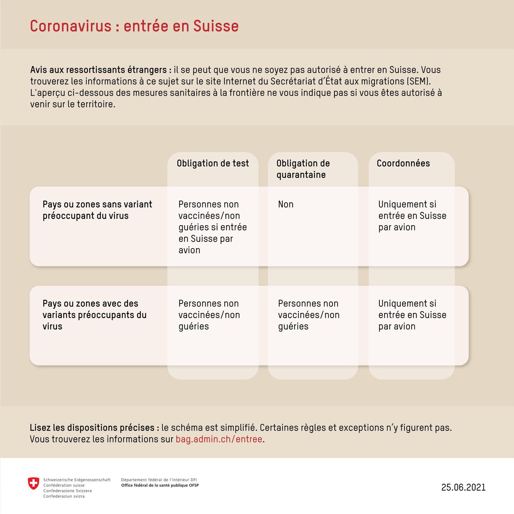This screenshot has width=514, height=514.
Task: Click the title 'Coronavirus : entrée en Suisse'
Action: [134, 26]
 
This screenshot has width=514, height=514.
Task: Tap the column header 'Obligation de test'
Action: [213, 163]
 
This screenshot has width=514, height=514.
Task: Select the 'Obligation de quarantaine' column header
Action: [303, 169]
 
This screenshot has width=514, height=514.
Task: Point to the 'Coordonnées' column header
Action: [403, 163]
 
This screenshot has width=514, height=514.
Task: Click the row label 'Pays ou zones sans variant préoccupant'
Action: [97, 210]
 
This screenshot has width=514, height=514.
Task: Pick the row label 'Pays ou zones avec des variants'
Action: [94, 315]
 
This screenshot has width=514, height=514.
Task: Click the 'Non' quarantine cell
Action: [286, 204]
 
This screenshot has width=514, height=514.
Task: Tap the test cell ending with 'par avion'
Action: [212, 227]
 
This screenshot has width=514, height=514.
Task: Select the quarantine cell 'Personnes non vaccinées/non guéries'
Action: [308, 315]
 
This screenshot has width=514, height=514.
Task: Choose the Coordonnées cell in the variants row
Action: [412, 315]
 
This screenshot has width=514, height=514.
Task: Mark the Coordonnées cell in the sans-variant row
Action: [412, 216]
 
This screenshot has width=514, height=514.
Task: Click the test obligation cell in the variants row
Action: [209, 315]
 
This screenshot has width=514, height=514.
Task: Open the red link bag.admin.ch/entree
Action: [219, 439]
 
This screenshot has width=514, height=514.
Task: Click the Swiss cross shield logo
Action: [33, 483]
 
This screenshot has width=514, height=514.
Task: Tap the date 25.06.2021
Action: [463, 487]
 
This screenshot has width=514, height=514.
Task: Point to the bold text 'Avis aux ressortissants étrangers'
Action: [101, 70]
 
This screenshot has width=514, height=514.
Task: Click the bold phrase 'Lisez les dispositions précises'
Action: [94, 428]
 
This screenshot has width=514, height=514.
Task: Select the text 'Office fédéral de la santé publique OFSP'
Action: [160, 485]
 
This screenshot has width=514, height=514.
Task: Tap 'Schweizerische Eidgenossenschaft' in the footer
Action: [77, 480]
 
